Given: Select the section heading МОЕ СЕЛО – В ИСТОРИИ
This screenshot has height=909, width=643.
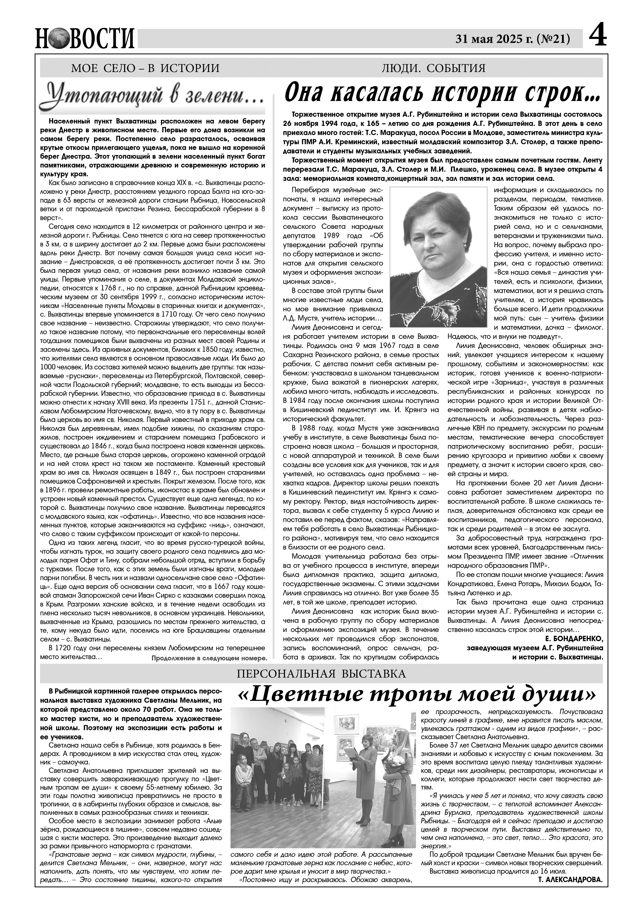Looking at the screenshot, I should click(x=145, y=68).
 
